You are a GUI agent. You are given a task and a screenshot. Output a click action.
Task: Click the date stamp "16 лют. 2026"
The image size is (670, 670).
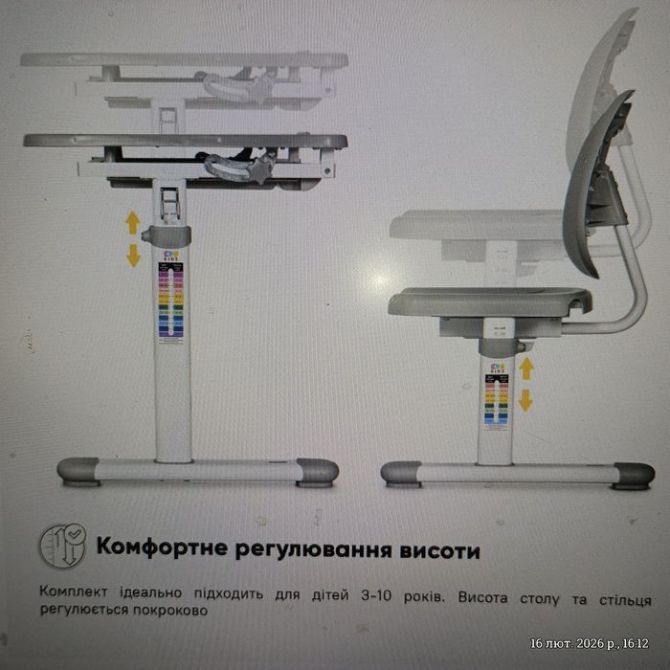pyautogui.click(x=569, y=643)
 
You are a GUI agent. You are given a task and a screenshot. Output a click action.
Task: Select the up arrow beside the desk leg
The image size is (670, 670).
pyautogui.click(x=133, y=223)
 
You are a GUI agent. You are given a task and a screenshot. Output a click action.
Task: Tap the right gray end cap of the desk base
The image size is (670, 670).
pyautogui.click(x=317, y=471)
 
